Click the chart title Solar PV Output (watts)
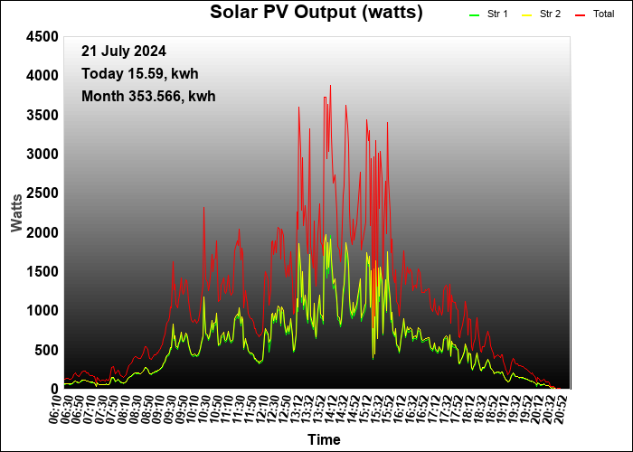(316, 12)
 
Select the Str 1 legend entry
(488, 14)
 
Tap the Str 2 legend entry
(542, 14)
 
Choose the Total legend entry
(595, 14)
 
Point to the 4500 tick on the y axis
(42, 37)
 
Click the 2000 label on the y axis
(42, 233)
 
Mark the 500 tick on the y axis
(47, 351)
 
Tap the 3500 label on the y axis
(42, 116)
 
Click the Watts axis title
(16, 212)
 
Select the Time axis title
(324, 439)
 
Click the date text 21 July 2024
(124, 52)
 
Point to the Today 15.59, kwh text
(139, 74)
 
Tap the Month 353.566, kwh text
(148, 97)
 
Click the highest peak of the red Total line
(330, 86)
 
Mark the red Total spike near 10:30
(203, 208)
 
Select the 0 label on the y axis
(55, 389)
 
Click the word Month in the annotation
(102, 97)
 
